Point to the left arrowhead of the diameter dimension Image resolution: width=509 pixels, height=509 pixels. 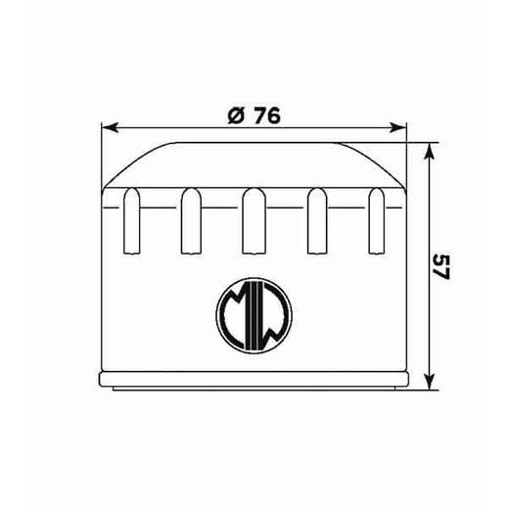pyautogui.click(x=109, y=127)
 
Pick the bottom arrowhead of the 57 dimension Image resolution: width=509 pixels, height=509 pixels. pyautogui.click(x=428, y=383)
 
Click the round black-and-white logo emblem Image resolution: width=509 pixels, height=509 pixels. pyautogui.click(x=253, y=314)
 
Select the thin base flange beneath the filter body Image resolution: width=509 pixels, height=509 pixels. pyautogui.click(x=254, y=379)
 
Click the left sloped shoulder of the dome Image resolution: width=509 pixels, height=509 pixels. pyautogui.click(x=133, y=164)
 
